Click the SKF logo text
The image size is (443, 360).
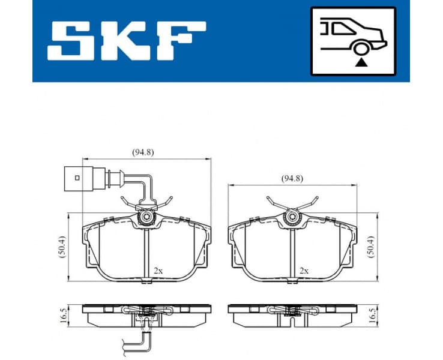(127, 41)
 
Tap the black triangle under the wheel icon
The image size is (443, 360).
(360, 62)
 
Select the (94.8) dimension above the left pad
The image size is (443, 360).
(143, 152)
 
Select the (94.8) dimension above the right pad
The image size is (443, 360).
(292, 178)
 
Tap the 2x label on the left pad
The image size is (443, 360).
(157, 271)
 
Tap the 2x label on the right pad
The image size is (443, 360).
(304, 271)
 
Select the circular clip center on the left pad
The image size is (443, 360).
(146, 218)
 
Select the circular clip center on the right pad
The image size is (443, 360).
(293, 218)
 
